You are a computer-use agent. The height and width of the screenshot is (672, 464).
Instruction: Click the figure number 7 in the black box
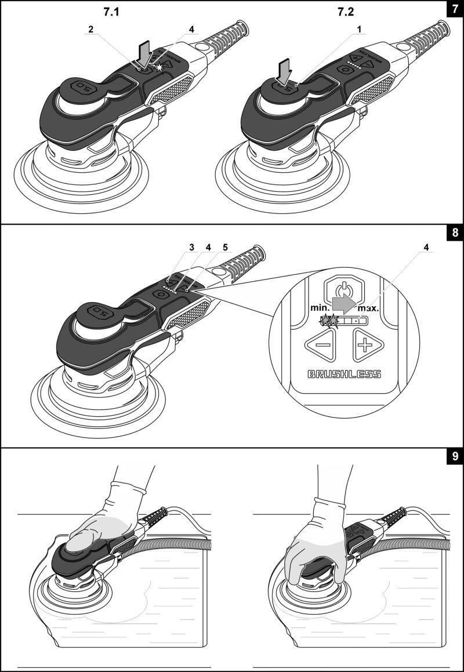[x=455, y=9]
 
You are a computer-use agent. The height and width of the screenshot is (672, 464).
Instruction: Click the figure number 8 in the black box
[x=455, y=233]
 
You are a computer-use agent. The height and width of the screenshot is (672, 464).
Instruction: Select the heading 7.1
[x=111, y=12]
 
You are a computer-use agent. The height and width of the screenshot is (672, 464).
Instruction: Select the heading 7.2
[x=346, y=12]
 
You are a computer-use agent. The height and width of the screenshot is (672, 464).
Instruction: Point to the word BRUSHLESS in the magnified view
[x=345, y=375]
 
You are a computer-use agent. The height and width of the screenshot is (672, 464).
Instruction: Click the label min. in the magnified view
[x=319, y=308]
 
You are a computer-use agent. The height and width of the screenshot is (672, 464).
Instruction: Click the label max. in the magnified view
[x=368, y=308]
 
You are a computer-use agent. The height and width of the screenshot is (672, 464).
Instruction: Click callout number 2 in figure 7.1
[x=91, y=29]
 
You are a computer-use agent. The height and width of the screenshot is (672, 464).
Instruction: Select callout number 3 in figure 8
[x=191, y=248]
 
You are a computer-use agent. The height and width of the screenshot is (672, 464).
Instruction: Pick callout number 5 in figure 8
[x=224, y=248]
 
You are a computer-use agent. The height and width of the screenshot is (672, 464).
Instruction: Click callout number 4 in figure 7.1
[x=191, y=29]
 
